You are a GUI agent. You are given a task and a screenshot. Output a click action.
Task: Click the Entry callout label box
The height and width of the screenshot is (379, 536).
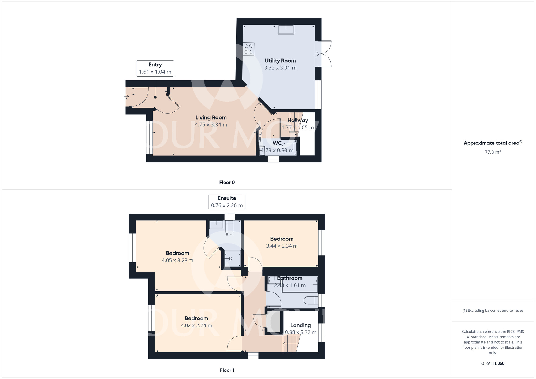(155, 68)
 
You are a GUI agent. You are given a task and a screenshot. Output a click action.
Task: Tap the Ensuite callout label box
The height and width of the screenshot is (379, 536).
(227, 202)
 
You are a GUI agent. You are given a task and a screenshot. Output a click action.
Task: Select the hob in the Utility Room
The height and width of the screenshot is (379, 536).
(248, 49)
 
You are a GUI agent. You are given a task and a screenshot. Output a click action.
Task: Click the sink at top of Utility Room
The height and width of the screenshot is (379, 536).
(286, 29)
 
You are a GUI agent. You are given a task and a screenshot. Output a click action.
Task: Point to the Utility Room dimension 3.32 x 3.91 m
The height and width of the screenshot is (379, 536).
(280, 68)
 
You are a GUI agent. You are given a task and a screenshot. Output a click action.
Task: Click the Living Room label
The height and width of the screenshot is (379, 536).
(211, 117)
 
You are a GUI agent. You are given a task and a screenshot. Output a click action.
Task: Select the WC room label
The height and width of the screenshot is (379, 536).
(277, 143)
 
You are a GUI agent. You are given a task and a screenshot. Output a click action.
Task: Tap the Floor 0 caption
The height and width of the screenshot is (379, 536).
(227, 183)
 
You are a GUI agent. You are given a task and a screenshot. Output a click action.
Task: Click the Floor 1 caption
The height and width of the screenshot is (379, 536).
(227, 370)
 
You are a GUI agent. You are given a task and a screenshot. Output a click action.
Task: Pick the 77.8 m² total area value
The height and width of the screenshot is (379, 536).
(493, 152)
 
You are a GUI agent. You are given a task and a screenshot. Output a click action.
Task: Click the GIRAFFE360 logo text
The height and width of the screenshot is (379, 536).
(493, 363)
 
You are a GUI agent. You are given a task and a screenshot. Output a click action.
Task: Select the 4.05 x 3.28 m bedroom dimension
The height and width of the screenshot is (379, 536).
(177, 260)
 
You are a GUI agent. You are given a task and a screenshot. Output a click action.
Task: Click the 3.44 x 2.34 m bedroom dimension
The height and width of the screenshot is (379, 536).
(282, 246)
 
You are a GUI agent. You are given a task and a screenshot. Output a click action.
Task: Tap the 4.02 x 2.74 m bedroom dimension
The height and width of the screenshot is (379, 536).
(196, 326)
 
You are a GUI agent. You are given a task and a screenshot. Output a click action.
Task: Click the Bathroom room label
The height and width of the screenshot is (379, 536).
(289, 278)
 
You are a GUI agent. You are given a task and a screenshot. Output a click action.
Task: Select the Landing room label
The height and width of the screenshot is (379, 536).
(300, 325)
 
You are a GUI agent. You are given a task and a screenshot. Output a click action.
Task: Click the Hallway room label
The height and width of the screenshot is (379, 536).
(297, 120)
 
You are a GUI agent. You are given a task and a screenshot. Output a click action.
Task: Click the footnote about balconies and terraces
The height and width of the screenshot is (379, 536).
(493, 311)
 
